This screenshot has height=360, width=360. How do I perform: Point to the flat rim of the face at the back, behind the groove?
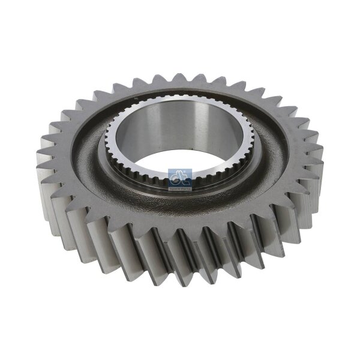pyautogui.click(x=180, y=90)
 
